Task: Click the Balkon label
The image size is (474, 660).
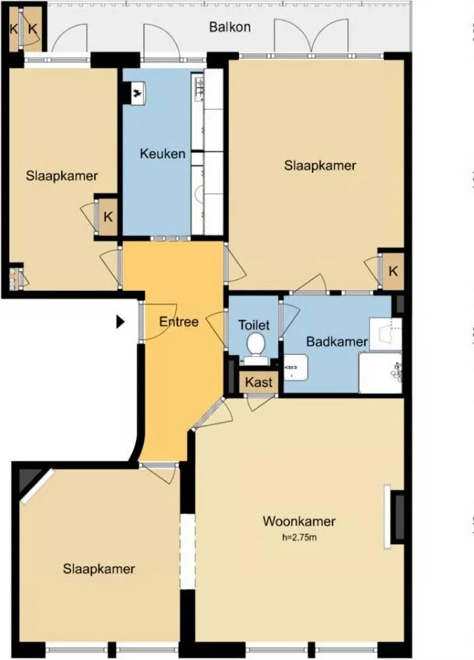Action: [x=230, y=27]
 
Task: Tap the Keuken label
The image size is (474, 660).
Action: [x=162, y=154]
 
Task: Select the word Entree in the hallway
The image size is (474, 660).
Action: [x=179, y=322]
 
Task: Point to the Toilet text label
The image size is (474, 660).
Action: [x=254, y=325]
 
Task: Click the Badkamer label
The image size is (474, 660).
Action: [x=337, y=342]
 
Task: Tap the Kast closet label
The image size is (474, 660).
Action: [x=258, y=382]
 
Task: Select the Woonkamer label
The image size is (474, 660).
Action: [x=299, y=521]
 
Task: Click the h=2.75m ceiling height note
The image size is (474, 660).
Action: [x=299, y=537]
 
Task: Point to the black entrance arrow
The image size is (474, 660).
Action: [x=121, y=323]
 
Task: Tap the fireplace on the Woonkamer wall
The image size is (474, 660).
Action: [x=395, y=517]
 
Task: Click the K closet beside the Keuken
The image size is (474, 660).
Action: [x=107, y=217]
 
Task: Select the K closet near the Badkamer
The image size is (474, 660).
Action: [x=393, y=271]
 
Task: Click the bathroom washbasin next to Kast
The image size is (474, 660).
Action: [x=296, y=368]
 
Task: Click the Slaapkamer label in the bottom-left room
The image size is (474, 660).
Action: [x=99, y=569]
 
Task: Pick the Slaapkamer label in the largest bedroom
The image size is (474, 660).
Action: [x=320, y=165]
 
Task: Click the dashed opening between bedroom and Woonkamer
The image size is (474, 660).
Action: [x=187, y=551]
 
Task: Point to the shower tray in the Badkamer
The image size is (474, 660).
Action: [x=380, y=373]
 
